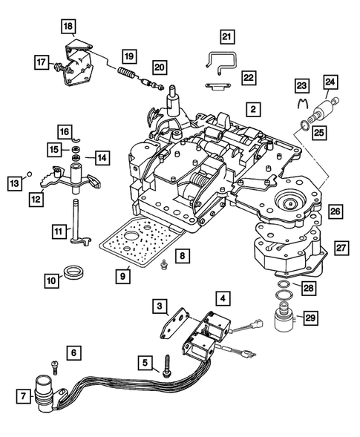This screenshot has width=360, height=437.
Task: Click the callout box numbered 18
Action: point(68,27)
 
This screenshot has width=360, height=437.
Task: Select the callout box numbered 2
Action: point(253,108)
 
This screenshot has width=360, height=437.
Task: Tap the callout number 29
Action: point(331,318)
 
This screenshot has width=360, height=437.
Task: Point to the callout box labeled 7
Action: point(22,396)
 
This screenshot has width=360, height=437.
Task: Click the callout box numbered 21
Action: point(227,36)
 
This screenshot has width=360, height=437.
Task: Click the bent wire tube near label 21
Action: point(218,62)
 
